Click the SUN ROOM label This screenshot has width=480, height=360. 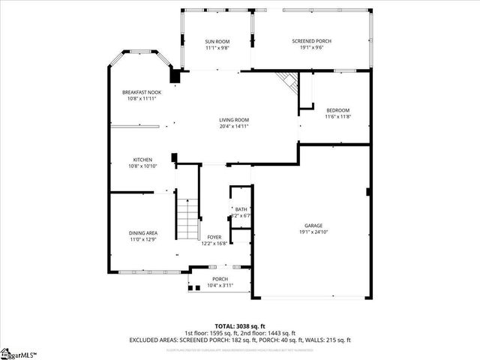click(x=217, y=41)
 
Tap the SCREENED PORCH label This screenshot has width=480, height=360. click(x=311, y=41)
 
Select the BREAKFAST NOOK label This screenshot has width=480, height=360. click(x=142, y=92)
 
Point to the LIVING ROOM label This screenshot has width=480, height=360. click(x=234, y=120)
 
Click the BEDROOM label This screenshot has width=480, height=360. click(x=337, y=110)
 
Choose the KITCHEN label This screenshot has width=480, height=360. click(x=143, y=160)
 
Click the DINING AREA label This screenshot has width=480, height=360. click(x=142, y=232)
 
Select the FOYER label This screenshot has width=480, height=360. click(x=214, y=237)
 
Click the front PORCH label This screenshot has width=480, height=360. click(x=220, y=279)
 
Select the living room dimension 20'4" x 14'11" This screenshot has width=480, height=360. click(x=234, y=127)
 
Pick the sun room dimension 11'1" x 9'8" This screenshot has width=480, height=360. click(x=217, y=48)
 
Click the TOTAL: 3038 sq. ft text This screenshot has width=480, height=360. click(x=240, y=325)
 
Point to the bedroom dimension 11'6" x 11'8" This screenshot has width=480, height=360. click(x=337, y=117)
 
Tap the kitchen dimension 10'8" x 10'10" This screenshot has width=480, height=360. click(x=143, y=166)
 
